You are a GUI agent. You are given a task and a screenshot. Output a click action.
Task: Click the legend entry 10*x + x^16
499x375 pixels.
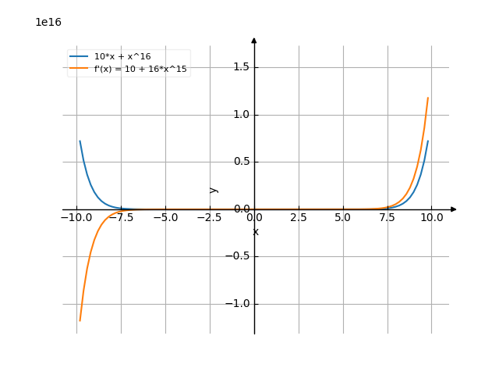point(122,57)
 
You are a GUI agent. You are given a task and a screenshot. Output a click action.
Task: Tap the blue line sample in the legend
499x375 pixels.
point(79,57)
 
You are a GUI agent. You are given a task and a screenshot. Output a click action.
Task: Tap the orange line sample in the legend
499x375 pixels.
point(79,69)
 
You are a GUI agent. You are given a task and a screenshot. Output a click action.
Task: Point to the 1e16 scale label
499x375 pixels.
point(48,23)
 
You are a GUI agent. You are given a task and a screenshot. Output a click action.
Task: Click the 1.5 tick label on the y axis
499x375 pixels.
point(242,67)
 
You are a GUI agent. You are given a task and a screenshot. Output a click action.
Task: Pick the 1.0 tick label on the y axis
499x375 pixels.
point(242,115)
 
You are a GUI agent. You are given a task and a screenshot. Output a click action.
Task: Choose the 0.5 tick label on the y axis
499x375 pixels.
point(242,162)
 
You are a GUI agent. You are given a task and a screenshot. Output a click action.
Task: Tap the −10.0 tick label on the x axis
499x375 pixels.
point(76,218)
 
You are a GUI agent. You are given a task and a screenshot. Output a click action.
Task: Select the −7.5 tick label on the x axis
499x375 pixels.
point(121,218)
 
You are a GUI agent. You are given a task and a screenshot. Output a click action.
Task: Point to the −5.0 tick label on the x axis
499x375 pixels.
point(165,218)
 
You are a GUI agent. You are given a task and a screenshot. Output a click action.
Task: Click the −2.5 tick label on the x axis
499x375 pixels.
point(210,218)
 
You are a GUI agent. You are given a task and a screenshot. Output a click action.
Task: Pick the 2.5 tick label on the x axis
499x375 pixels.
point(299,218)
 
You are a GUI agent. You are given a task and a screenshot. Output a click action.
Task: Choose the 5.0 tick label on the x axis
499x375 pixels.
point(343,218)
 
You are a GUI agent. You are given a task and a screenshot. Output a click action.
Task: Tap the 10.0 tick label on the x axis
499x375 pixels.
point(432,218)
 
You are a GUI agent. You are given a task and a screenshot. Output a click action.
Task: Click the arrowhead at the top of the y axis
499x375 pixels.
point(254,39)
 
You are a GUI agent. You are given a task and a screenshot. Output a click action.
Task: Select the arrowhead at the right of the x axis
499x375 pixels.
point(454,209)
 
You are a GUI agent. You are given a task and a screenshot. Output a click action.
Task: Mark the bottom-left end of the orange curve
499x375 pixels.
point(80,321)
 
